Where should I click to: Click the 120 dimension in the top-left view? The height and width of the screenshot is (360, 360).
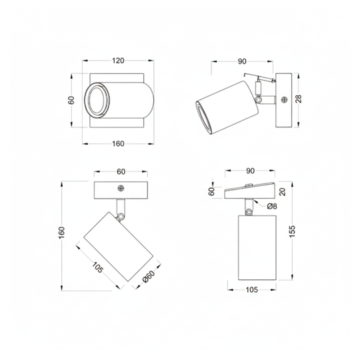click(118, 61)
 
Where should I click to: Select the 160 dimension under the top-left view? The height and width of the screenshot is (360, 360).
click(118, 144)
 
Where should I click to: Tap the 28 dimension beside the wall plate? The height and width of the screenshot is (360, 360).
click(299, 99)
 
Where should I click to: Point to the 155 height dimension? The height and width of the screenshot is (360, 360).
click(291, 231)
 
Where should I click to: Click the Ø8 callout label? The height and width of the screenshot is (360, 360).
click(272, 207)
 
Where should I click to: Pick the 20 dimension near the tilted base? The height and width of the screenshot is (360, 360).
click(283, 192)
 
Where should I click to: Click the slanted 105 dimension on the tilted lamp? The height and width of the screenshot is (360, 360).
click(97, 267)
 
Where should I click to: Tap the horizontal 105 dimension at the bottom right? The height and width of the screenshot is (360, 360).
click(252, 290)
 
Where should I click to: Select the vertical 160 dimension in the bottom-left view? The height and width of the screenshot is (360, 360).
click(62, 233)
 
